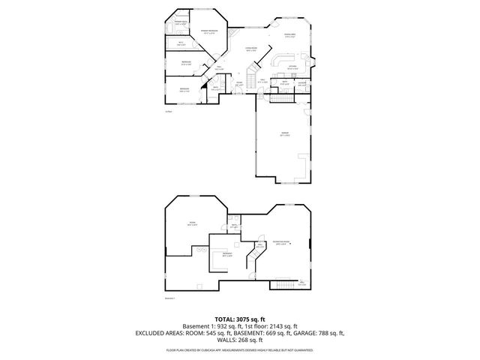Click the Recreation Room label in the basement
(282, 241)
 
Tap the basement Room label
(192, 223)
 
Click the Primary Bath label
(180, 23)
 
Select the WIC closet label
(180, 43)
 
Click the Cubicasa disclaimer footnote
(240, 349)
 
